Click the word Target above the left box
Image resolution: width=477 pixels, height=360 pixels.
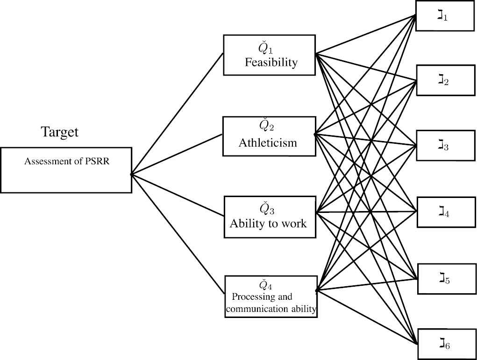tap(60, 132)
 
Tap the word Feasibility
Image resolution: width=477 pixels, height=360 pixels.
tap(271, 62)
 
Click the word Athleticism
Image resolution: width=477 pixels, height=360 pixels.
tap(268, 142)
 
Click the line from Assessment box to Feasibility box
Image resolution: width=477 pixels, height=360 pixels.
tap(178, 113)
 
